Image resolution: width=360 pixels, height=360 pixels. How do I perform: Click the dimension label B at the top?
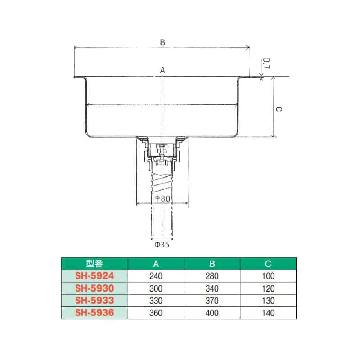click(x=163, y=42)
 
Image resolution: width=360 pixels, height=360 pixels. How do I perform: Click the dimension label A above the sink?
click(x=163, y=70)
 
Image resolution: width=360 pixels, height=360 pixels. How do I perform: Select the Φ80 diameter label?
click(x=162, y=198)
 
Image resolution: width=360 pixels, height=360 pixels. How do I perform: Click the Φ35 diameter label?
click(x=162, y=245)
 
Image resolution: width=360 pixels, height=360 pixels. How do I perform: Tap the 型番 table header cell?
click(x=95, y=264)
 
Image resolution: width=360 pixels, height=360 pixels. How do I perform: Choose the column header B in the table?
click(x=212, y=264)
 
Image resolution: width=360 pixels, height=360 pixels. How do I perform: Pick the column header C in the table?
click(x=269, y=264)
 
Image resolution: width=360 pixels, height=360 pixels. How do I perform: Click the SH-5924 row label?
click(x=95, y=276)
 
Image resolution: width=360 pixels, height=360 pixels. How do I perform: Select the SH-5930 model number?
click(x=95, y=288)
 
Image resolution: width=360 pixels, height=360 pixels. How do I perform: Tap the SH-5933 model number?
click(x=95, y=301)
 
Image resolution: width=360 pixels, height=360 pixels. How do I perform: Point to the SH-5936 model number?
click(x=95, y=313)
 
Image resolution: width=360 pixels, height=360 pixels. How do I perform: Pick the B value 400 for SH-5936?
click(x=212, y=313)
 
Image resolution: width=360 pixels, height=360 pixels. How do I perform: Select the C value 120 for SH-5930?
click(x=269, y=288)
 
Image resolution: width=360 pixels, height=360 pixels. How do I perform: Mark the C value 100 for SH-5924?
click(x=269, y=276)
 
